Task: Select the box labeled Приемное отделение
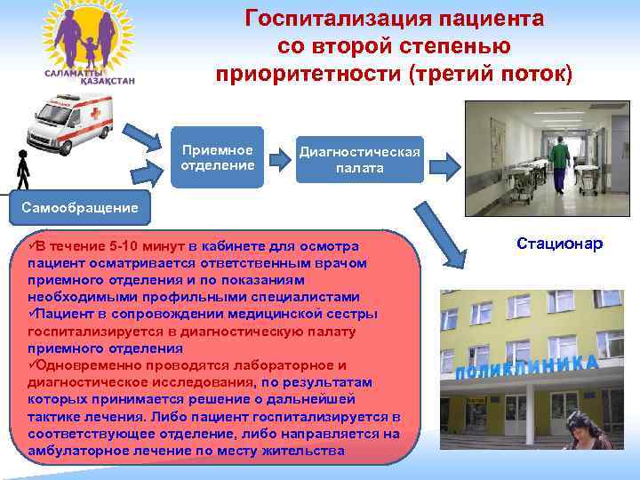[x=217, y=157]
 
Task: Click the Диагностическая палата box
[x=360, y=159]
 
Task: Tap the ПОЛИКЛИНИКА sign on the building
[x=524, y=369]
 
